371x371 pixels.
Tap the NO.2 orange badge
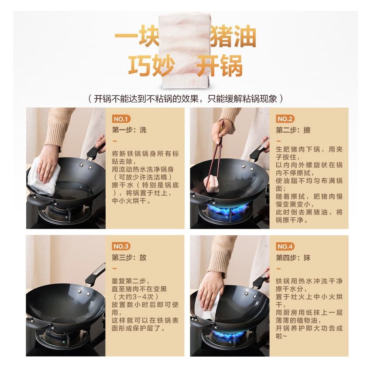(x=285, y=119)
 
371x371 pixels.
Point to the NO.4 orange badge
(x=285, y=246)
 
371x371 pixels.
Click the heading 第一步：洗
(x=129, y=130)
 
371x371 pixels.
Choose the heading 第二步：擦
(x=293, y=130)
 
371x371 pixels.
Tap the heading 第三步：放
(x=129, y=258)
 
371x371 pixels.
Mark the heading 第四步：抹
(x=293, y=258)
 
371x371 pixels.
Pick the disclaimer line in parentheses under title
(x=185, y=99)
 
